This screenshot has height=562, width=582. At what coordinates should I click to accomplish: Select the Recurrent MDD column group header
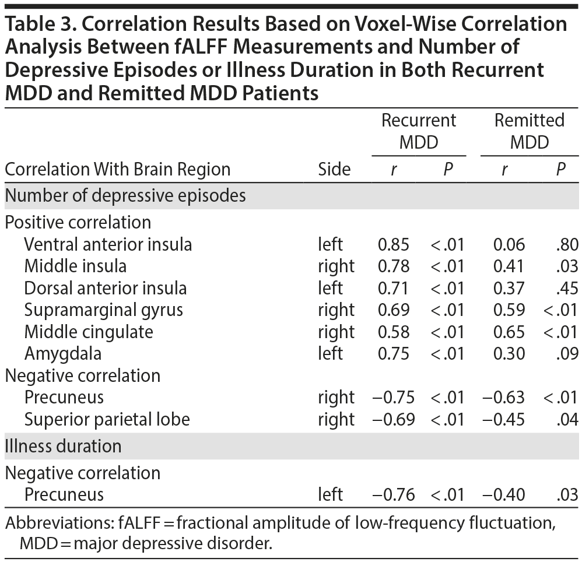[419, 131]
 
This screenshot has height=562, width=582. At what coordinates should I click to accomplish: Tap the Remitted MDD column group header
[530, 131]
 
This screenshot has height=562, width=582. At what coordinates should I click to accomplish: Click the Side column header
[334, 169]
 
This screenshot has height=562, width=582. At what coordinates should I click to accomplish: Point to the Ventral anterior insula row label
[108, 244]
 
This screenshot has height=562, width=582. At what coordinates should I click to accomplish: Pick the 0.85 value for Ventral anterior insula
[394, 244]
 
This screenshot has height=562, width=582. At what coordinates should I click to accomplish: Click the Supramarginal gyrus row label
[104, 310]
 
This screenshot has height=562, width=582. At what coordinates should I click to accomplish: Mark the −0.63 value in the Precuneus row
[503, 398]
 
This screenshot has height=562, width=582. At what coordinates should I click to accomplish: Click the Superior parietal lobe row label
[107, 419]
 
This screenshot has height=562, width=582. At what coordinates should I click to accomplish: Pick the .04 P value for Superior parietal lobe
[567, 419]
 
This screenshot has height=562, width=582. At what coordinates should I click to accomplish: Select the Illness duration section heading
[63, 446]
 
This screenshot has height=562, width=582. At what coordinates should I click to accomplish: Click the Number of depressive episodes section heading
[125, 195]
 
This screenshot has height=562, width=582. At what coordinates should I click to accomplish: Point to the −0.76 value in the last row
[394, 495]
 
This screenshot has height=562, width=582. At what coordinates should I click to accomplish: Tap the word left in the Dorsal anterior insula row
[330, 288]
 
